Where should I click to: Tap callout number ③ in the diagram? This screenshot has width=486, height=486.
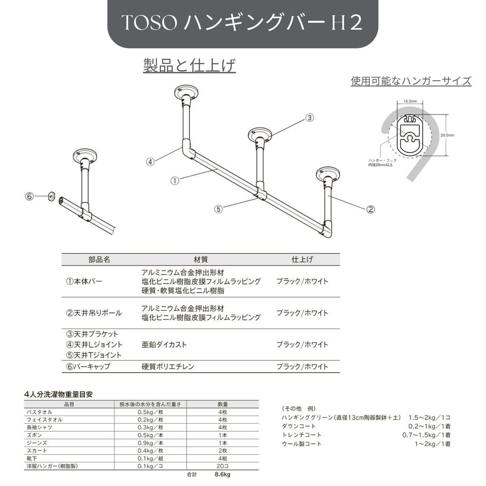coord(309,117)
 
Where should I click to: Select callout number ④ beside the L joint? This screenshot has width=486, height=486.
coord(150,161)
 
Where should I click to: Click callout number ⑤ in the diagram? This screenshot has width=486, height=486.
coord(218,209)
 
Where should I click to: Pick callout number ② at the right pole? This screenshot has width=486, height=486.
coord(371,208)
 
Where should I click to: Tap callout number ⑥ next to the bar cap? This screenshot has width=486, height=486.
coord(30,196)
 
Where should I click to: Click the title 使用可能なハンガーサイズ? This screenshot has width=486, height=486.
coord(411,81)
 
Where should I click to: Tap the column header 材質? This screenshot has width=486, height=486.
coord(201,260)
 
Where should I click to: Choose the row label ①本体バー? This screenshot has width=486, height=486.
coord(84,281)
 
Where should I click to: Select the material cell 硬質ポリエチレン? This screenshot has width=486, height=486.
coord(168,366)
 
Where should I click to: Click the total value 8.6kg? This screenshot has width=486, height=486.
coord(222,474)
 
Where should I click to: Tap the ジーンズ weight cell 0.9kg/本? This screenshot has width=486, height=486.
coord(150,443)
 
